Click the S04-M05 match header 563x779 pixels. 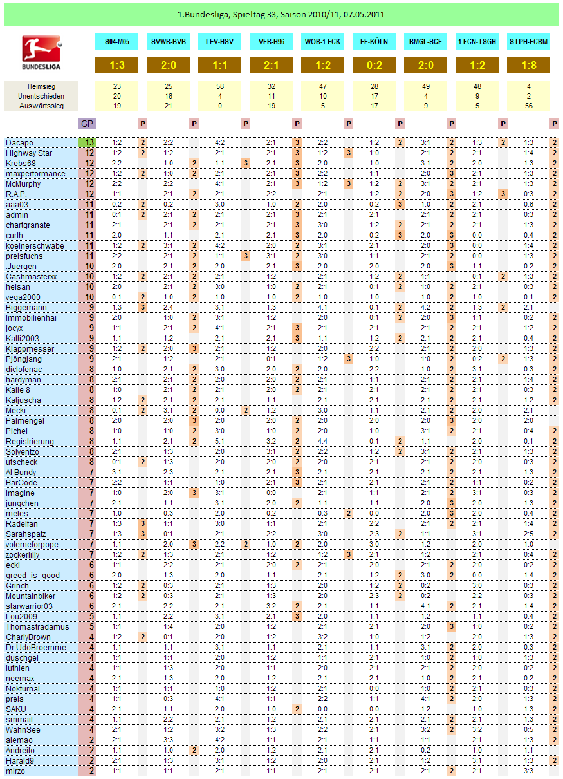116,42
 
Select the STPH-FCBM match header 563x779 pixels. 528,42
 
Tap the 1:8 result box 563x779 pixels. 528,66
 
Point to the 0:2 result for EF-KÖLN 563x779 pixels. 374,66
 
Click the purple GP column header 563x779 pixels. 87,124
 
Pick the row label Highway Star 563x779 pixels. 29,153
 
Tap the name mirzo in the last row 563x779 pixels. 15,771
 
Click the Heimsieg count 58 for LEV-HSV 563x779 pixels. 219,86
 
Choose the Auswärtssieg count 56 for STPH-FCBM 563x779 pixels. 528,106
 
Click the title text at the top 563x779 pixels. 281,14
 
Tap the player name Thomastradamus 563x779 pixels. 33,626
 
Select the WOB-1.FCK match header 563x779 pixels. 322,42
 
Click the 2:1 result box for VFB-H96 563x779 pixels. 271,66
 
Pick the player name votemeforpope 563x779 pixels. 32,544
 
